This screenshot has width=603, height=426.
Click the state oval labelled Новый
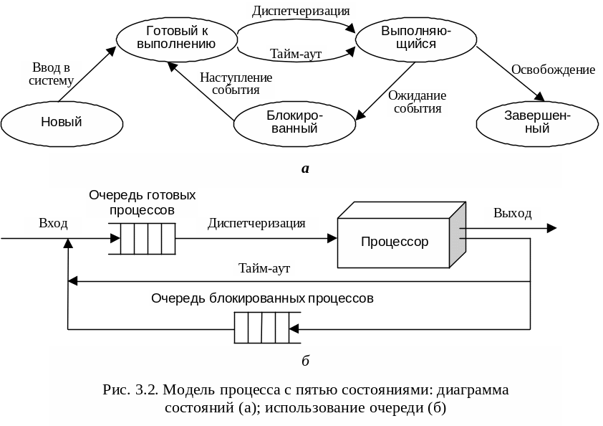(61, 122)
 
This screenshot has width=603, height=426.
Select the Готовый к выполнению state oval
(176, 37)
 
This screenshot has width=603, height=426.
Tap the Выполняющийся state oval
(416, 38)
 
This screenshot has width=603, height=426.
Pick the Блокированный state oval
(295, 123)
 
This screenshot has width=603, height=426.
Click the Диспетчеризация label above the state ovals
(301, 11)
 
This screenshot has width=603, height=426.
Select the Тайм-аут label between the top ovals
(296, 54)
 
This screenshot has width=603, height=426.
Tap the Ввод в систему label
(52, 74)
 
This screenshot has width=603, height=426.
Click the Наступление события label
(236, 84)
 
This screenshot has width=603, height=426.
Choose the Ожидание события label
(417, 103)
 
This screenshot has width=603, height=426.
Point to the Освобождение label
(553, 70)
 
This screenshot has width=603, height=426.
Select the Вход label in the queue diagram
(53, 224)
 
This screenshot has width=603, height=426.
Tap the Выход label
(513, 214)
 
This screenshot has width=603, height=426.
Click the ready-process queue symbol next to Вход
(148, 239)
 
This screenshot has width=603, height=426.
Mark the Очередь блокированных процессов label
(262, 298)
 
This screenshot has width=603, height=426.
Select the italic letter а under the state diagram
(305, 169)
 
